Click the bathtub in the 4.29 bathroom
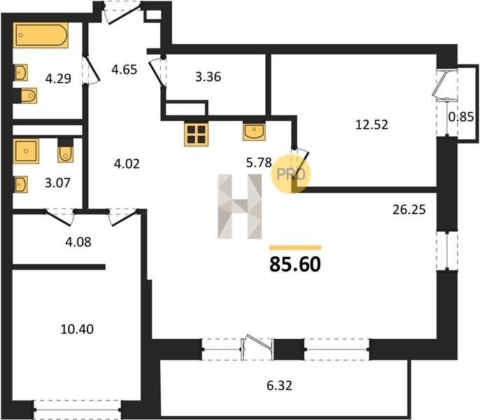(x=41, y=35)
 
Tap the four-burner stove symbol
(x=196, y=134)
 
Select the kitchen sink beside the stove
(x=254, y=132)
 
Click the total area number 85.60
(x=295, y=265)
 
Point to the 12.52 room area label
(x=372, y=125)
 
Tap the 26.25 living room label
(x=409, y=210)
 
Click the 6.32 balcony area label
(x=279, y=386)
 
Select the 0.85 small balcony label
(x=461, y=117)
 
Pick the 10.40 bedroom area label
(x=77, y=329)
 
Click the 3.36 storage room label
(x=209, y=77)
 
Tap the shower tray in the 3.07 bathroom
(x=26, y=151)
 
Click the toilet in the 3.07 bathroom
(x=66, y=150)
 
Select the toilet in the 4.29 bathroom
(x=25, y=96)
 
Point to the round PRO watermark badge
(x=291, y=174)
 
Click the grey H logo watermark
(x=240, y=206)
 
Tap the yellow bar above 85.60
(x=295, y=248)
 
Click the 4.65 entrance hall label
(x=125, y=69)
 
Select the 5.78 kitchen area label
(x=259, y=162)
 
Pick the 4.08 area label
(x=78, y=242)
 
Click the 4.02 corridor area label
(x=127, y=164)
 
